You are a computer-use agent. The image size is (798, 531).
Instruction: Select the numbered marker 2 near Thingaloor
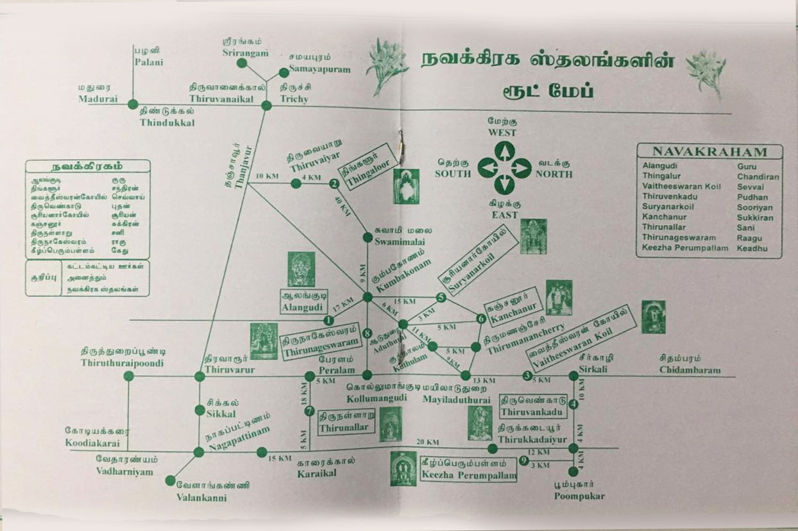pyautogui.click(x=334, y=184)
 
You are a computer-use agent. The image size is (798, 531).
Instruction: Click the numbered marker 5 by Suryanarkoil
pyautogui.click(x=441, y=297)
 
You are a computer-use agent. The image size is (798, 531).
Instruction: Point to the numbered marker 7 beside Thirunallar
pyautogui.click(x=309, y=411)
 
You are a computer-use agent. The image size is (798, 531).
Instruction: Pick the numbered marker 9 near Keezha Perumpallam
pyautogui.click(x=524, y=460)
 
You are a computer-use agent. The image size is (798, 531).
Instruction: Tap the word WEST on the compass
pyautogui.click(x=502, y=133)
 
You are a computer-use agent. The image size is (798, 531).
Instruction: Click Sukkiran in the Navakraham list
pyautogui.click(x=755, y=217)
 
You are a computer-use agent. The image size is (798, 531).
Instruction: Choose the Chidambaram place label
pyautogui.click(x=690, y=370)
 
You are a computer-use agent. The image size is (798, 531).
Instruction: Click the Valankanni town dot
pyautogui.click(x=170, y=480)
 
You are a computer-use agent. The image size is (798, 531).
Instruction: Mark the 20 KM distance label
pyautogui.click(x=427, y=442)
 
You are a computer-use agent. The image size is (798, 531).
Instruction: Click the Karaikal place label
pyautogui.click(x=317, y=473)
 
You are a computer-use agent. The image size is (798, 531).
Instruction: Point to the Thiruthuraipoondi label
pyautogui.click(x=123, y=363)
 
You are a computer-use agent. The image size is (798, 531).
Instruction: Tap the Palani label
pyautogui.click(x=149, y=62)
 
